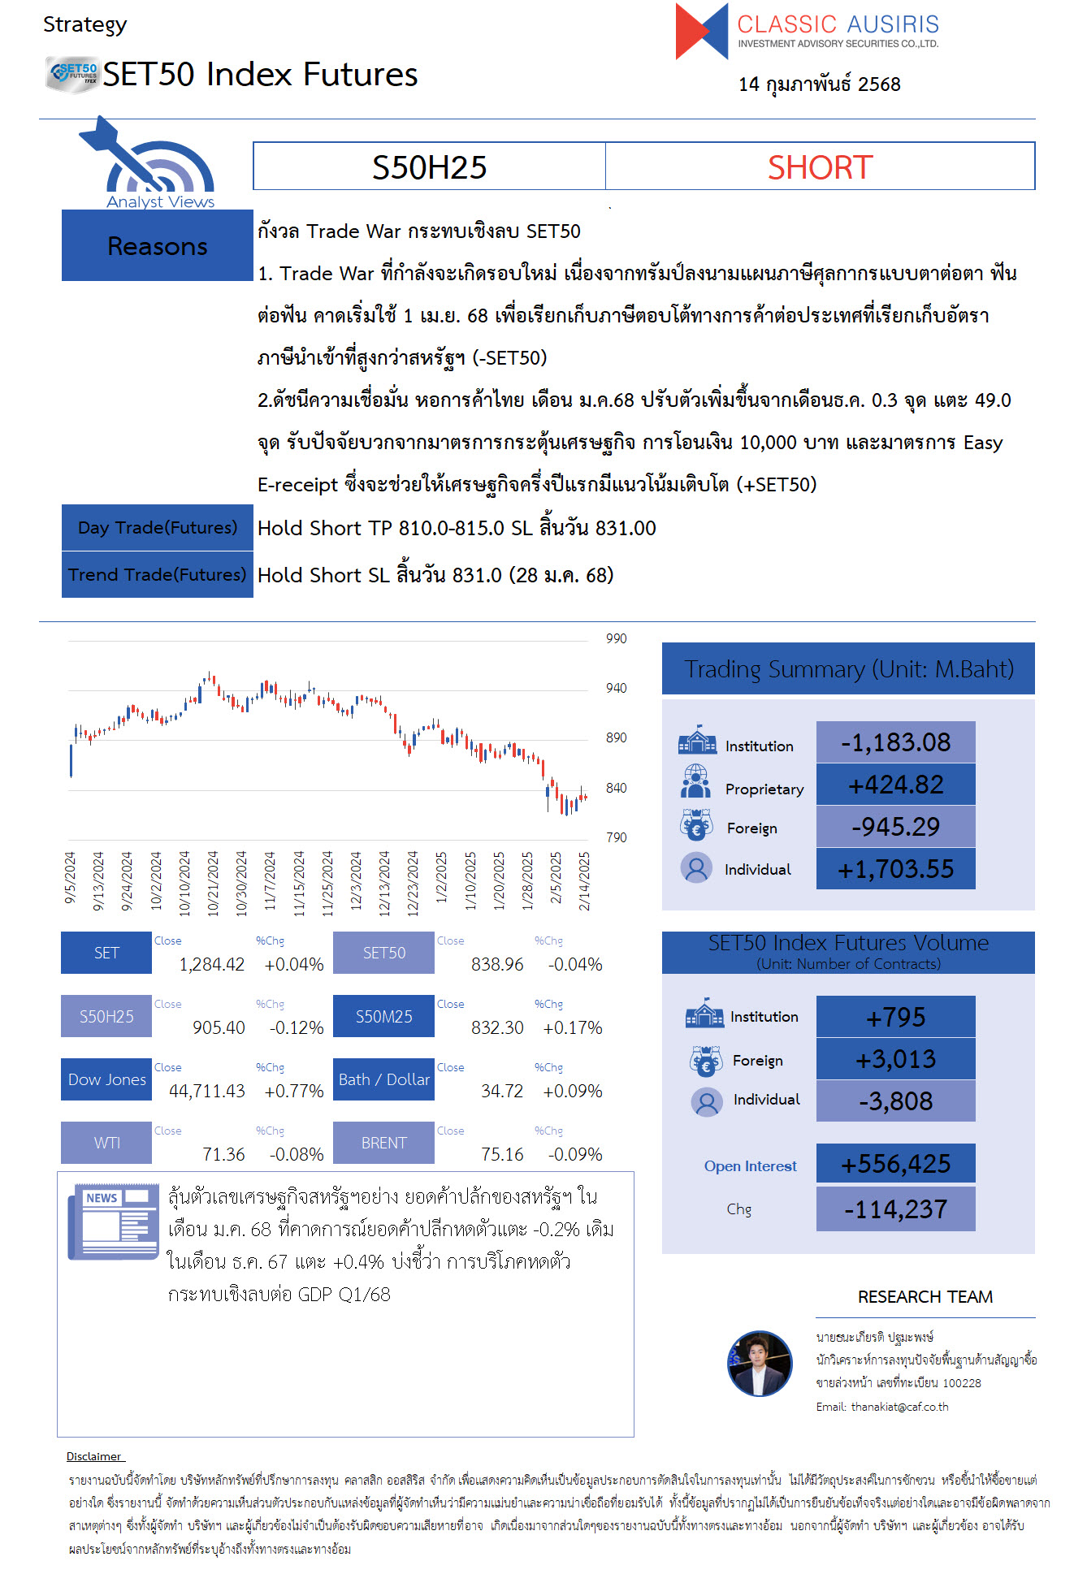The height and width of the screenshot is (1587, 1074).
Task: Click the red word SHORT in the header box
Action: [x=820, y=167]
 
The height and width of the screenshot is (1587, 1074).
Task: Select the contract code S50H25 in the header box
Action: [x=429, y=167]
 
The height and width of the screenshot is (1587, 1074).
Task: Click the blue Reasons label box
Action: [x=158, y=245]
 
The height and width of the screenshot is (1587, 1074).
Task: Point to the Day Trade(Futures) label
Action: [x=158, y=528]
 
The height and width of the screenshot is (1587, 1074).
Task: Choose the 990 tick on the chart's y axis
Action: [x=616, y=638]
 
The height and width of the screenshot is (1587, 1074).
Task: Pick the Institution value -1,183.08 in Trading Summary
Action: [x=895, y=742]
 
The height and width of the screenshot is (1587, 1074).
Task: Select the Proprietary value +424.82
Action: [x=895, y=785]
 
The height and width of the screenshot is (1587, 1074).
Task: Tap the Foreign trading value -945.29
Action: [x=895, y=827]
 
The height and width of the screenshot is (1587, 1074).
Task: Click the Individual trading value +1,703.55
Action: [x=895, y=869]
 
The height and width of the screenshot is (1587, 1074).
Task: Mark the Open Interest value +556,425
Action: [x=895, y=1164]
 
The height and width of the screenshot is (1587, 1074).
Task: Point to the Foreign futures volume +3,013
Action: [x=895, y=1059]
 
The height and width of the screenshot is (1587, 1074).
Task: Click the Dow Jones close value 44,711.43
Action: [x=206, y=1091]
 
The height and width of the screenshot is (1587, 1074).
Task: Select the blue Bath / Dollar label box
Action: [x=383, y=1079]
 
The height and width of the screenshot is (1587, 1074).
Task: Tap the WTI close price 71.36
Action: [x=223, y=1154]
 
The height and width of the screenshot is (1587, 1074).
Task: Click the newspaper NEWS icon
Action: [x=113, y=1221]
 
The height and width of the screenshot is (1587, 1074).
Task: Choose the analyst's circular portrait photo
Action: [x=760, y=1364]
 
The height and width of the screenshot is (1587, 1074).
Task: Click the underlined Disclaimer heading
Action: [x=94, y=1456]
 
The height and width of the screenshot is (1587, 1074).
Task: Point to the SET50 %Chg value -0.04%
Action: [x=575, y=964]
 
